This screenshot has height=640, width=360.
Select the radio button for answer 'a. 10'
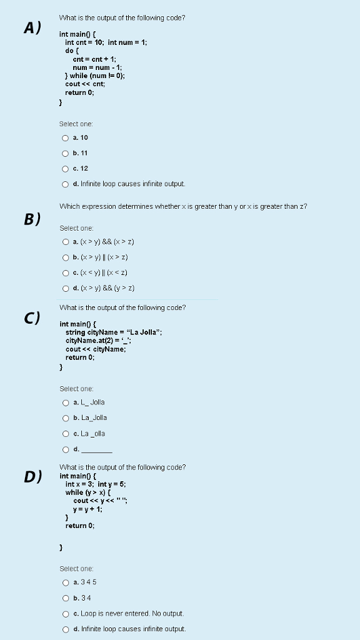(x=65, y=137)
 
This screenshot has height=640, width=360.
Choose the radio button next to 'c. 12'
(x=65, y=169)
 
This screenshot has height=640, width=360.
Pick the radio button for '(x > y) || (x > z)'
(x=65, y=257)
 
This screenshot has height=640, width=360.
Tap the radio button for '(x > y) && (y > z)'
(x=65, y=288)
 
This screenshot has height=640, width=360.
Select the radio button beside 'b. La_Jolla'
(x=65, y=418)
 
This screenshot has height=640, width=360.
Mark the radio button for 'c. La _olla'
(x=65, y=434)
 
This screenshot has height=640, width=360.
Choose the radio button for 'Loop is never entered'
(x=65, y=614)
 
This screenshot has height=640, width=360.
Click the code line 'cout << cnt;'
(x=81, y=84)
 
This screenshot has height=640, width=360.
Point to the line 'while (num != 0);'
(x=95, y=76)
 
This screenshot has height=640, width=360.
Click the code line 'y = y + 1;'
(x=87, y=509)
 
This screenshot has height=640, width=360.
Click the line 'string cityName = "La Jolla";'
(x=114, y=332)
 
